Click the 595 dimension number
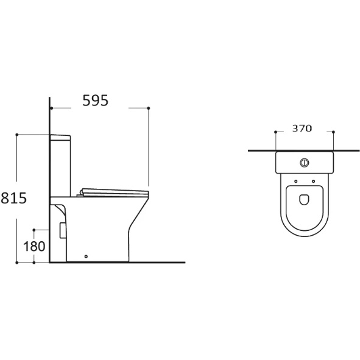pos(95,101)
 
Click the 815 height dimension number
pos(14,198)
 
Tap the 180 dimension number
pos(34,246)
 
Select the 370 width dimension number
pos(302,129)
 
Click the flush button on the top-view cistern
pos(304,163)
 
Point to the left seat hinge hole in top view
pos(295,182)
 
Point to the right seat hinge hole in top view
pos(313,182)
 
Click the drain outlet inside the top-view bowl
pos(304,200)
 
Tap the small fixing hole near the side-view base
pos(86,256)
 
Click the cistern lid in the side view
pos(60,137)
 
